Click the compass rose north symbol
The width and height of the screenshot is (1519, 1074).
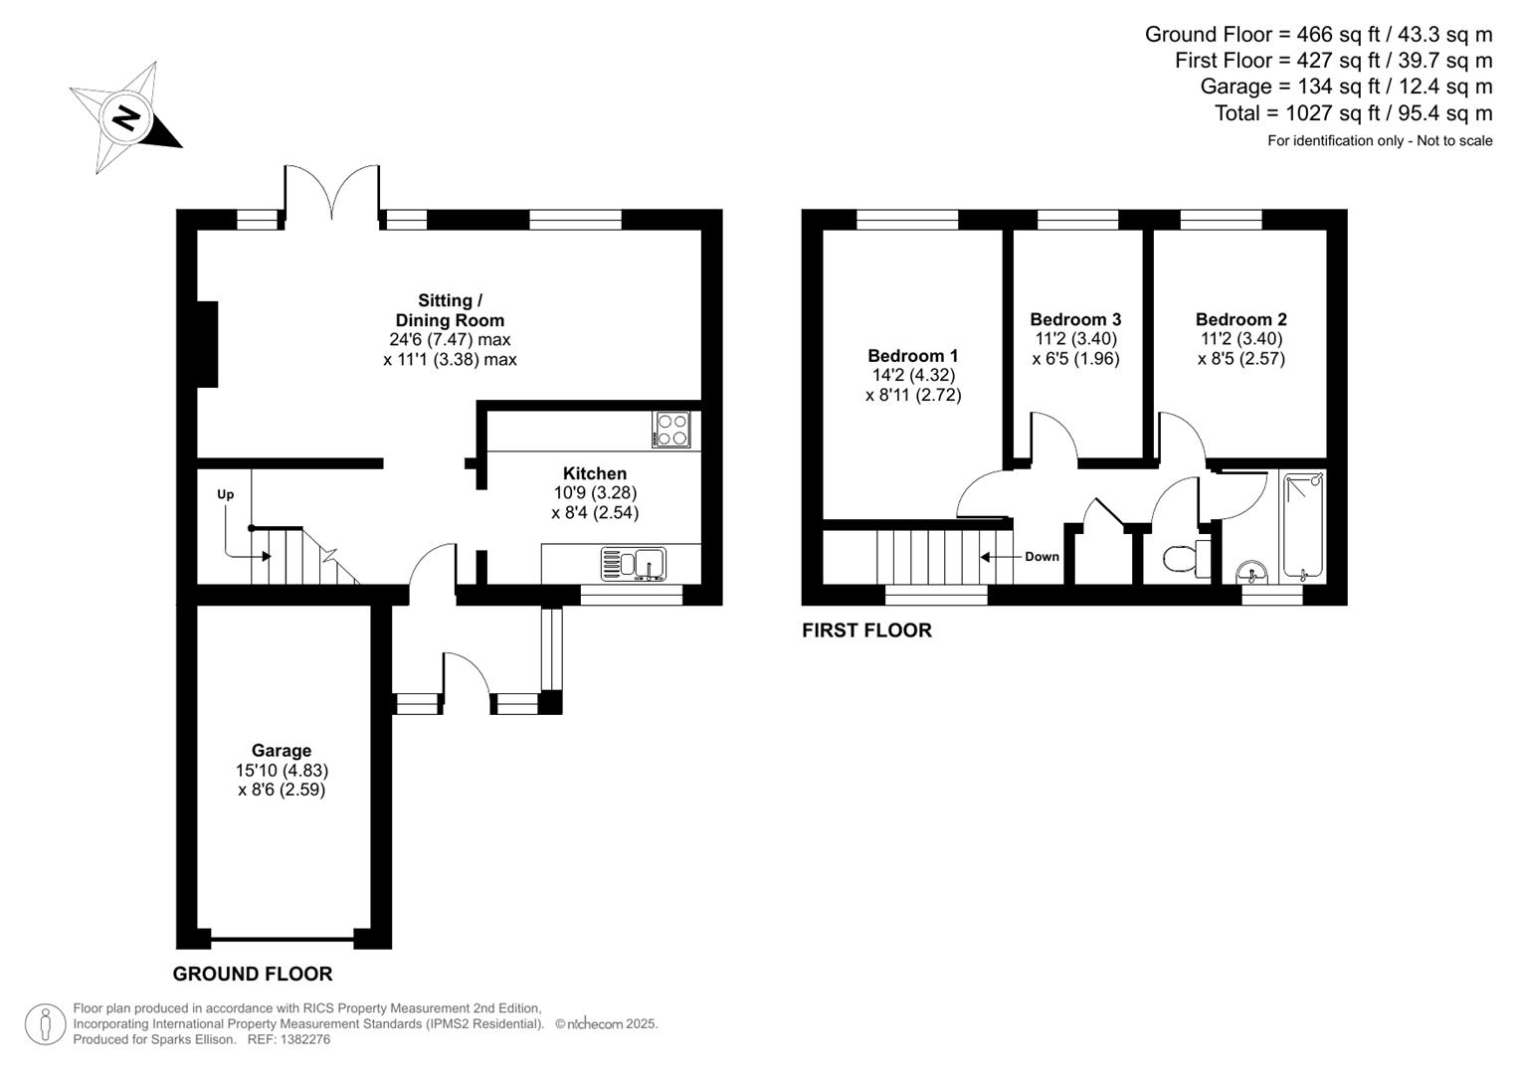125,118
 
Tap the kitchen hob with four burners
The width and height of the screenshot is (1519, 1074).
672,430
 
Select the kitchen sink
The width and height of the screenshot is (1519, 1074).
634,564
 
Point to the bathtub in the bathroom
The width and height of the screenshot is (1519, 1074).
1303,526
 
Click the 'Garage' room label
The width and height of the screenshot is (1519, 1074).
282,751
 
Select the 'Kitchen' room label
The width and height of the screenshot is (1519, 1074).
595,473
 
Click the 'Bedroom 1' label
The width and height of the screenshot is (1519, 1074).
912,356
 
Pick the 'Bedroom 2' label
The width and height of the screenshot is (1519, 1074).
1240,319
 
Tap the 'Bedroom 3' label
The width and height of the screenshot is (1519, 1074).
1075,319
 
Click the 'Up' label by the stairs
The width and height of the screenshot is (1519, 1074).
226,494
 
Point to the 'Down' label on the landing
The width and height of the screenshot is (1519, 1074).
1042,557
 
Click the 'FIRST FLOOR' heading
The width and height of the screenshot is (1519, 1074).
866,630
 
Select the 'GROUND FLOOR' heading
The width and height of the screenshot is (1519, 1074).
253,975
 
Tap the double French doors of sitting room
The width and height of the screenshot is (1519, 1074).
332,192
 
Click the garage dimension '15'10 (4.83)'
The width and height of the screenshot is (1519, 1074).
282,771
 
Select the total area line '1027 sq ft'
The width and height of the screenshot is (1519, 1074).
1353,113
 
